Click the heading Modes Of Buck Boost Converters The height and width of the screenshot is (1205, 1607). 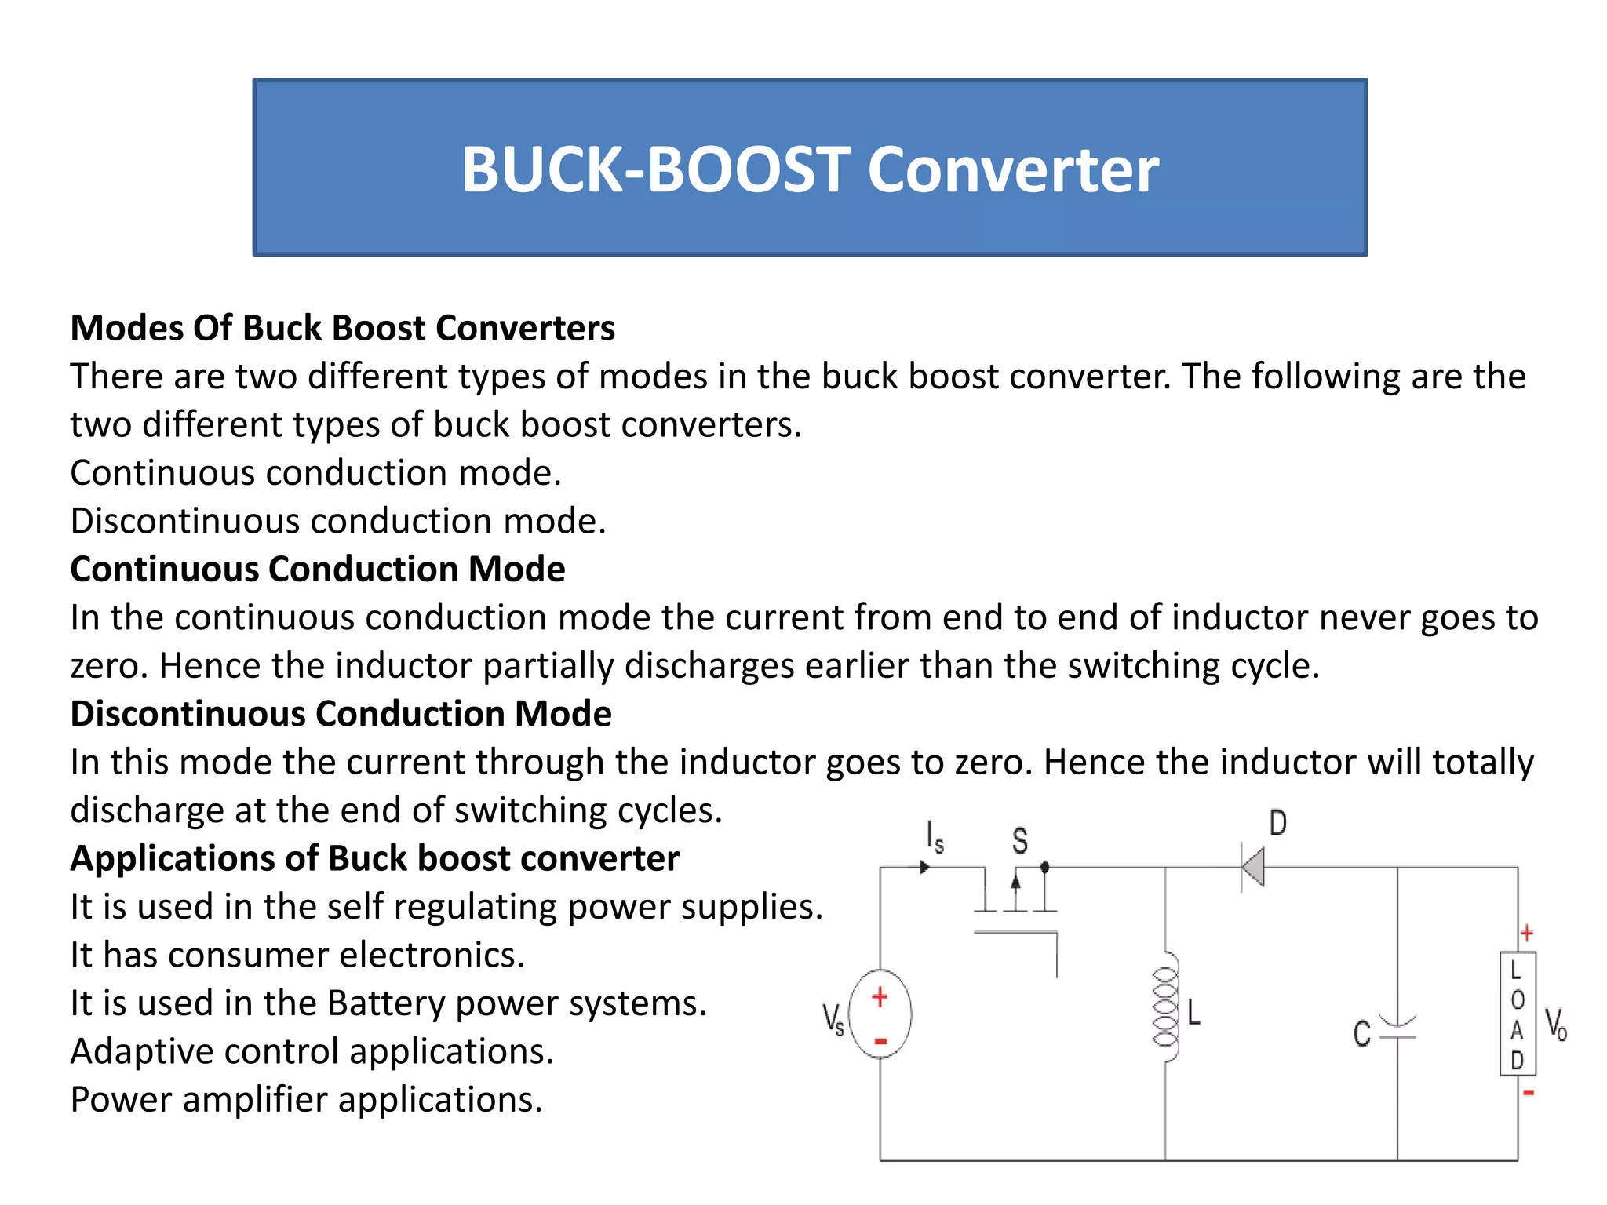(342, 328)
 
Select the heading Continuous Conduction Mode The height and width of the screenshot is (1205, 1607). (317, 569)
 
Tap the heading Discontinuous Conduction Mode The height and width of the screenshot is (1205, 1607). (341, 714)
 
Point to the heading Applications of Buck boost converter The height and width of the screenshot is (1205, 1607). (374, 858)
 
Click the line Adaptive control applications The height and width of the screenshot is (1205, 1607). (312, 1051)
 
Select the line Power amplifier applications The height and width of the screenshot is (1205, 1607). (306, 1100)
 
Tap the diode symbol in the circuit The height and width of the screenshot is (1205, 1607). (1252, 868)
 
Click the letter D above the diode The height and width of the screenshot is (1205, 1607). (1277, 824)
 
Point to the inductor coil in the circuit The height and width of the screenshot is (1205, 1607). (1165, 1007)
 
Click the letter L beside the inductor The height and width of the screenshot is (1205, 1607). (1194, 1012)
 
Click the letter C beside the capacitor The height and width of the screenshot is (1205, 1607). (1362, 1033)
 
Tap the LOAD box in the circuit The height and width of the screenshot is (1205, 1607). (1518, 1014)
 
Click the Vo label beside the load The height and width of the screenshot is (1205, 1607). (1555, 1025)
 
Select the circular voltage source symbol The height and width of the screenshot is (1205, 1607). (880, 1014)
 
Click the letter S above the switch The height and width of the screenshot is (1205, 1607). (1019, 841)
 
